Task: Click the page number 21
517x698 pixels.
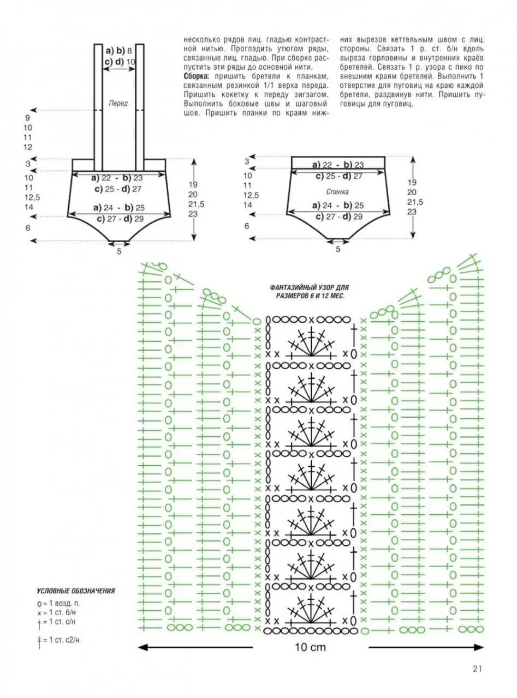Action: [x=477, y=669]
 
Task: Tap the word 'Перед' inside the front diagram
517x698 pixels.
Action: [x=118, y=103]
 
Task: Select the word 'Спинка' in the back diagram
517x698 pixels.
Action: [x=337, y=191]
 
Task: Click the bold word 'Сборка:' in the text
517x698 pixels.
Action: [x=195, y=76]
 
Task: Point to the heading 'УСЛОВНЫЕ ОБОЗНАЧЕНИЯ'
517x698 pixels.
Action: [x=76, y=591]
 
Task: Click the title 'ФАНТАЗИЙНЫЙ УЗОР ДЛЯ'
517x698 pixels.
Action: [x=310, y=287]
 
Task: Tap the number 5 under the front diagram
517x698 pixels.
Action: [x=119, y=251]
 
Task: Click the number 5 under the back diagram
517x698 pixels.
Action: [x=338, y=249]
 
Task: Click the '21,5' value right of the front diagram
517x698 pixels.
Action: [x=197, y=204]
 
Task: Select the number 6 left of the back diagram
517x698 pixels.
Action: [x=247, y=226]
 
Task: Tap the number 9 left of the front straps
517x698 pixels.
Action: [x=28, y=118]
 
